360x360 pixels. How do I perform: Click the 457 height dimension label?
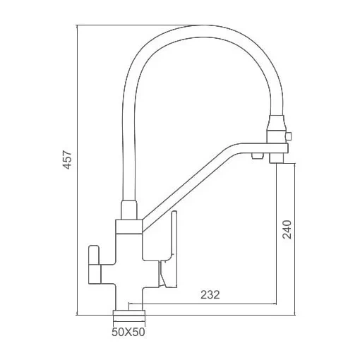(x=67, y=160)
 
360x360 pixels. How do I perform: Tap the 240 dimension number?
(x=287, y=229)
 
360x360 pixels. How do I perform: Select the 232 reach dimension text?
(x=210, y=295)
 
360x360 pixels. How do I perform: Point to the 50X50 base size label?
(x=128, y=332)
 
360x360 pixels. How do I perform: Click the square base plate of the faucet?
(x=129, y=313)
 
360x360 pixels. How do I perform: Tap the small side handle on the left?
(x=94, y=264)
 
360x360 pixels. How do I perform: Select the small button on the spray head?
(x=289, y=136)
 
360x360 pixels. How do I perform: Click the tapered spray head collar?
(x=277, y=123)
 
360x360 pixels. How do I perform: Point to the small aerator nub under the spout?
(x=258, y=155)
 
